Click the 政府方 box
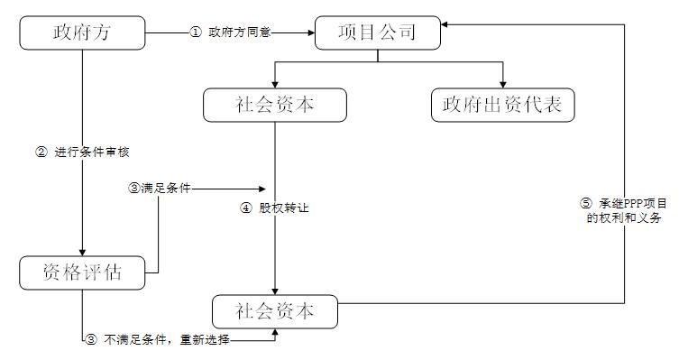pos(82,34)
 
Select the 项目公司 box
pos(377,34)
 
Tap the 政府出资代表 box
pos(502,105)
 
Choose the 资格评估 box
pos(82,272)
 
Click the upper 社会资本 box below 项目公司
pos(275,105)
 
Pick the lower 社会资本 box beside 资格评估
pos(275,311)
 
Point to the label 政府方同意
pos(239,34)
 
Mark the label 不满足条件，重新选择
pos(167,340)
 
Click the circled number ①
pos(196,34)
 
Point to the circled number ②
pos(41,152)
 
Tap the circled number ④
pos(245,208)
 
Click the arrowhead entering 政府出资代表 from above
pos(502,83)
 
